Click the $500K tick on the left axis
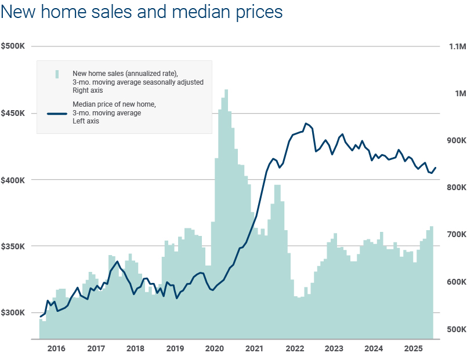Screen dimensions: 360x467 tap(13, 46)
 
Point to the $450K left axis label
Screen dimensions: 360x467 tap(13, 113)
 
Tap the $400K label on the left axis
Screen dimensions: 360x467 tap(13, 180)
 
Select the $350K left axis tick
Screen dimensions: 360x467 tap(13, 246)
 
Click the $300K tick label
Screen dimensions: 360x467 tap(13, 313)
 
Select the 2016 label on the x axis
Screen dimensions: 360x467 tap(56, 349)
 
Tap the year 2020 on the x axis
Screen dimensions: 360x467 tap(215, 349)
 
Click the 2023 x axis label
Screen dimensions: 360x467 tap(334, 349)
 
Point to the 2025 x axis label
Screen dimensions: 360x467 tap(414, 349)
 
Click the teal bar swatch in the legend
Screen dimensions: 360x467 tap(57, 74)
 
